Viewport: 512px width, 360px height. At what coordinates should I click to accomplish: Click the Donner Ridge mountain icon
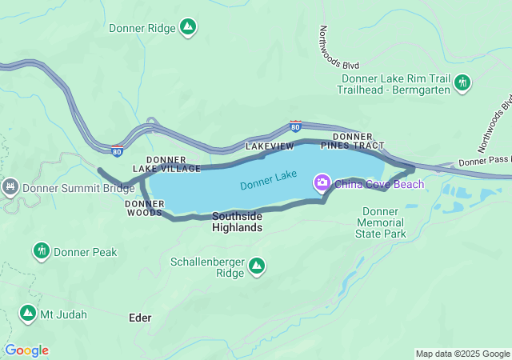(x=187, y=28)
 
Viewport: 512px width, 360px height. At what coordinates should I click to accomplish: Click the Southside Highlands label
(x=237, y=222)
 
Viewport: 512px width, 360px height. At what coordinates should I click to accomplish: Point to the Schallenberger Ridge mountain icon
(x=257, y=265)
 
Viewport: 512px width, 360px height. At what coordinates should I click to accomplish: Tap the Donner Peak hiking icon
(x=42, y=252)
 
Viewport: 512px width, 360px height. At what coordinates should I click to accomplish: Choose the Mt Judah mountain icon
(x=28, y=314)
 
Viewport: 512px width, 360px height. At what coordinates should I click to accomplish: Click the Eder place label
(x=139, y=318)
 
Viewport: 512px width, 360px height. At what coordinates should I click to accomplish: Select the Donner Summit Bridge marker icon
(x=10, y=189)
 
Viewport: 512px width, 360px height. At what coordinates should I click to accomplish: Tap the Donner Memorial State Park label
(x=381, y=222)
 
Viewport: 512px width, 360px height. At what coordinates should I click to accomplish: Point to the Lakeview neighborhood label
(x=270, y=147)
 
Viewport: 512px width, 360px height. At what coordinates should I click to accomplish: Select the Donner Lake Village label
(x=172, y=164)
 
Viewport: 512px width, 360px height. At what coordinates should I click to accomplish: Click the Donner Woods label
(x=145, y=208)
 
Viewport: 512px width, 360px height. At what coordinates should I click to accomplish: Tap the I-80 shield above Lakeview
(x=296, y=126)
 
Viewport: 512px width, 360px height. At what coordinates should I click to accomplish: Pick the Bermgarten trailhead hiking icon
(x=462, y=82)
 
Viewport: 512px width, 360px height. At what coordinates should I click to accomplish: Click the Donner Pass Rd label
(x=484, y=161)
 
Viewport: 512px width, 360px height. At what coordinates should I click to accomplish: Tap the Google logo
(x=26, y=350)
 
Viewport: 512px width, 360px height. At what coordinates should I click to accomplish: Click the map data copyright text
(x=462, y=354)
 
